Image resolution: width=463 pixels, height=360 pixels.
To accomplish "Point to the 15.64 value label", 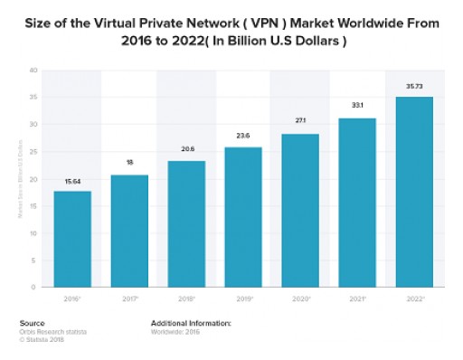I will pyautogui.click(x=71, y=182).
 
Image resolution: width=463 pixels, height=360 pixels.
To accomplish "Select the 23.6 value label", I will pyautogui.click(x=243, y=137).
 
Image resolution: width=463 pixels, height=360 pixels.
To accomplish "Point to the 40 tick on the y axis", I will pyautogui.click(x=33, y=71).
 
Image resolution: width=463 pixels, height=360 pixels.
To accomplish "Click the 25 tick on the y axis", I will pyautogui.click(x=33, y=152).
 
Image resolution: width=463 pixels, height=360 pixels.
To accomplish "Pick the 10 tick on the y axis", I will pyautogui.click(x=33, y=233).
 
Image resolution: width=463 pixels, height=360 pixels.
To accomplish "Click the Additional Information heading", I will pyautogui.click(x=191, y=322).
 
